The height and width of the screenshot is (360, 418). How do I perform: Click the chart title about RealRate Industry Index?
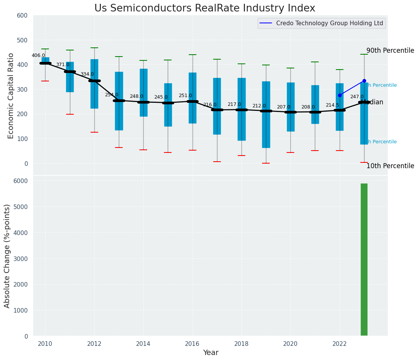pyautogui.click(x=205, y=8)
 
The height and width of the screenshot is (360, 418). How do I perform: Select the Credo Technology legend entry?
pyautogui.click(x=321, y=23)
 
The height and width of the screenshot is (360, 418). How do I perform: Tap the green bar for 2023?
pyautogui.click(x=364, y=259)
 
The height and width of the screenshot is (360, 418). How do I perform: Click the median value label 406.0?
pyautogui.click(x=38, y=56)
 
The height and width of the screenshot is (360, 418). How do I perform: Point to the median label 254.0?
pyautogui.click(x=112, y=95)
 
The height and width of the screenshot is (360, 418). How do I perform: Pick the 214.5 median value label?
pyautogui.click(x=332, y=105)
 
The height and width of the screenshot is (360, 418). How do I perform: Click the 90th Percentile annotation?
pyautogui.click(x=390, y=50)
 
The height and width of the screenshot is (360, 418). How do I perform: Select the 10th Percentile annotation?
pyautogui.click(x=390, y=166)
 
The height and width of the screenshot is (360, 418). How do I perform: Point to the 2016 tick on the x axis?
pyautogui.click(x=193, y=344)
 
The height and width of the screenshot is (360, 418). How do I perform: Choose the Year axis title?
pyautogui.click(x=211, y=353)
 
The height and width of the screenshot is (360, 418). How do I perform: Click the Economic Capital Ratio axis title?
pyautogui.click(x=11, y=96)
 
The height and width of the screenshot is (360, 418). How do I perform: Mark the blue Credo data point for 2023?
pyautogui.click(x=364, y=81)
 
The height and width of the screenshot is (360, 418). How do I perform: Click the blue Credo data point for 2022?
pyautogui.click(x=340, y=95)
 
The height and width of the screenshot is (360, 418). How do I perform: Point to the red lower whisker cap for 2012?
pyautogui.click(x=94, y=132)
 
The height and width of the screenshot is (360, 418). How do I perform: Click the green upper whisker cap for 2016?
pyautogui.click(x=193, y=55)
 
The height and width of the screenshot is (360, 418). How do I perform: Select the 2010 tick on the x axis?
pyautogui.click(x=45, y=344)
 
